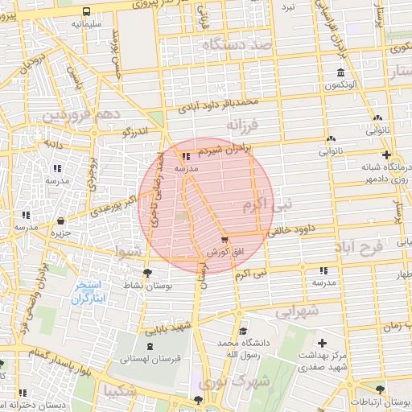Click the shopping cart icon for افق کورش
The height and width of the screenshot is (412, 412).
[225, 239]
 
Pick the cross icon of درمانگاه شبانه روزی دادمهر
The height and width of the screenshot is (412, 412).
[386, 154]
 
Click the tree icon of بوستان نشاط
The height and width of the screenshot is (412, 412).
[146, 273]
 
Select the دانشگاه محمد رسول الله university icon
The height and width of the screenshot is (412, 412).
[242, 331]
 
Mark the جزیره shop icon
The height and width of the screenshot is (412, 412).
[62, 221]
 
